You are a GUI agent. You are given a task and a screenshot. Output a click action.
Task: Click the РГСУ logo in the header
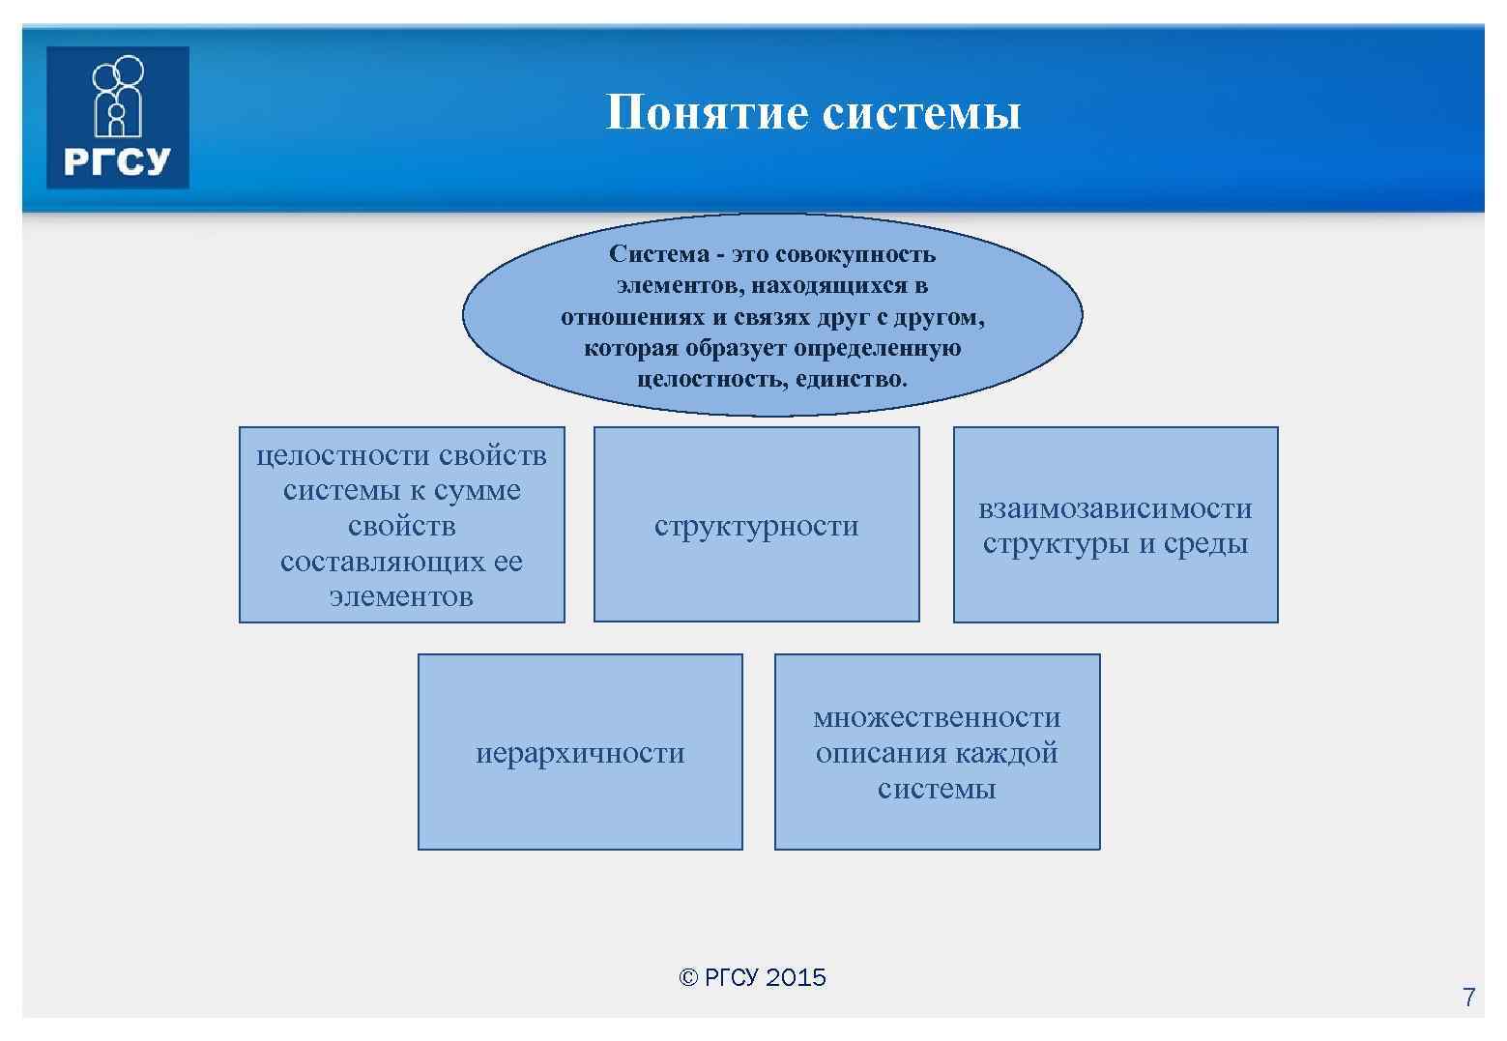point(118,117)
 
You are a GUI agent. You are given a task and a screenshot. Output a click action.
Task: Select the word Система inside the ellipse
point(659,254)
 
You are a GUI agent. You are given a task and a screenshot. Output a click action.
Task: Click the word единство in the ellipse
point(852,379)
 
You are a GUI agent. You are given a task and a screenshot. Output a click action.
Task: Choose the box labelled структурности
point(756,525)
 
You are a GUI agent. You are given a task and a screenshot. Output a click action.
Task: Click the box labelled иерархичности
point(580,752)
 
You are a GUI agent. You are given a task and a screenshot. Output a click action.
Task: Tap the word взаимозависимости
point(1115,508)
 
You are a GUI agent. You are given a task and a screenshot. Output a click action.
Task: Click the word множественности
point(937,717)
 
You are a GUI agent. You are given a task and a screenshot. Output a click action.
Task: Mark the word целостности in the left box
point(343,455)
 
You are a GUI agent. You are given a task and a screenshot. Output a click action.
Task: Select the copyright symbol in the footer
point(688,978)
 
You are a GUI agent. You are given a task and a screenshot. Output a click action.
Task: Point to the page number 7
point(1468,998)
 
